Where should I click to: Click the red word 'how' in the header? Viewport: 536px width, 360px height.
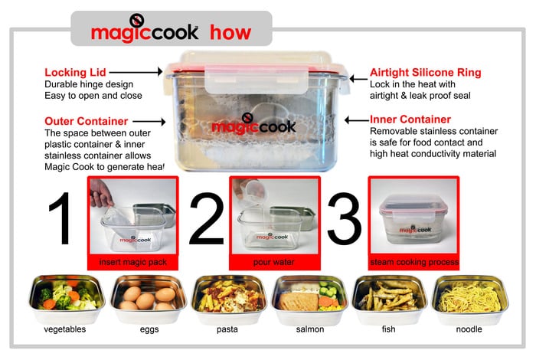[x=230, y=32]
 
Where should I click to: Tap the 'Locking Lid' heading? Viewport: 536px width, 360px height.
[x=75, y=73]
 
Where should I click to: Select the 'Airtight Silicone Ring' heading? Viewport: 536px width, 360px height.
[x=425, y=73]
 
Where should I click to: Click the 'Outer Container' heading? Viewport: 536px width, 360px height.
[x=86, y=121]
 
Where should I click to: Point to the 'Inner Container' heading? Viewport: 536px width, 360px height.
[x=410, y=119]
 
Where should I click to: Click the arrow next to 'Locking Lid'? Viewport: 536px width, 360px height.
[x=136, y=72]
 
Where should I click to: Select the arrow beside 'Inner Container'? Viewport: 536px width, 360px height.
[x=357, y=120]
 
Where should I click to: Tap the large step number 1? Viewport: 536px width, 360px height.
[x=61, y=218]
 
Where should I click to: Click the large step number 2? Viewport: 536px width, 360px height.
[x=206, y=218]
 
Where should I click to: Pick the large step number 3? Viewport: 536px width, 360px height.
[x=345, y=218]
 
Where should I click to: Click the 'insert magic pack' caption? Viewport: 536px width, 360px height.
[x=133, y=262]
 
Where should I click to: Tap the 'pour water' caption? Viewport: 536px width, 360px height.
[x=274, y=262]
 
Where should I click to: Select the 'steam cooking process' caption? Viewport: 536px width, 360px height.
[x=414, y=262]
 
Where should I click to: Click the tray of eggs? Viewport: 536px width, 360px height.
[x=149, y=299]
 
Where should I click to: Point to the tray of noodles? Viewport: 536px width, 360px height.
[x=470, y=299]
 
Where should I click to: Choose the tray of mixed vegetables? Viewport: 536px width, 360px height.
[x=67, y=299]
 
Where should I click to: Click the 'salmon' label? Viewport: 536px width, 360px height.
[x=310, y=329]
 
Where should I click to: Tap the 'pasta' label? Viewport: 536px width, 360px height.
[x=227, y=329]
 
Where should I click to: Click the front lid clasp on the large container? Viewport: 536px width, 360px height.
[x=257, y=79]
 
